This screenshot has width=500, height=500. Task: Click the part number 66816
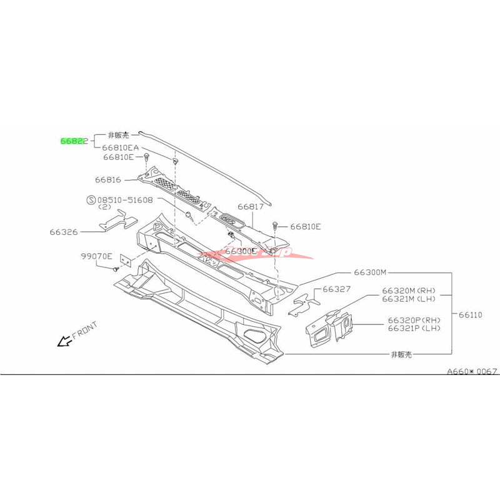point(108,179)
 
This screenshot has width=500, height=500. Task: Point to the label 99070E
point(96,256)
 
